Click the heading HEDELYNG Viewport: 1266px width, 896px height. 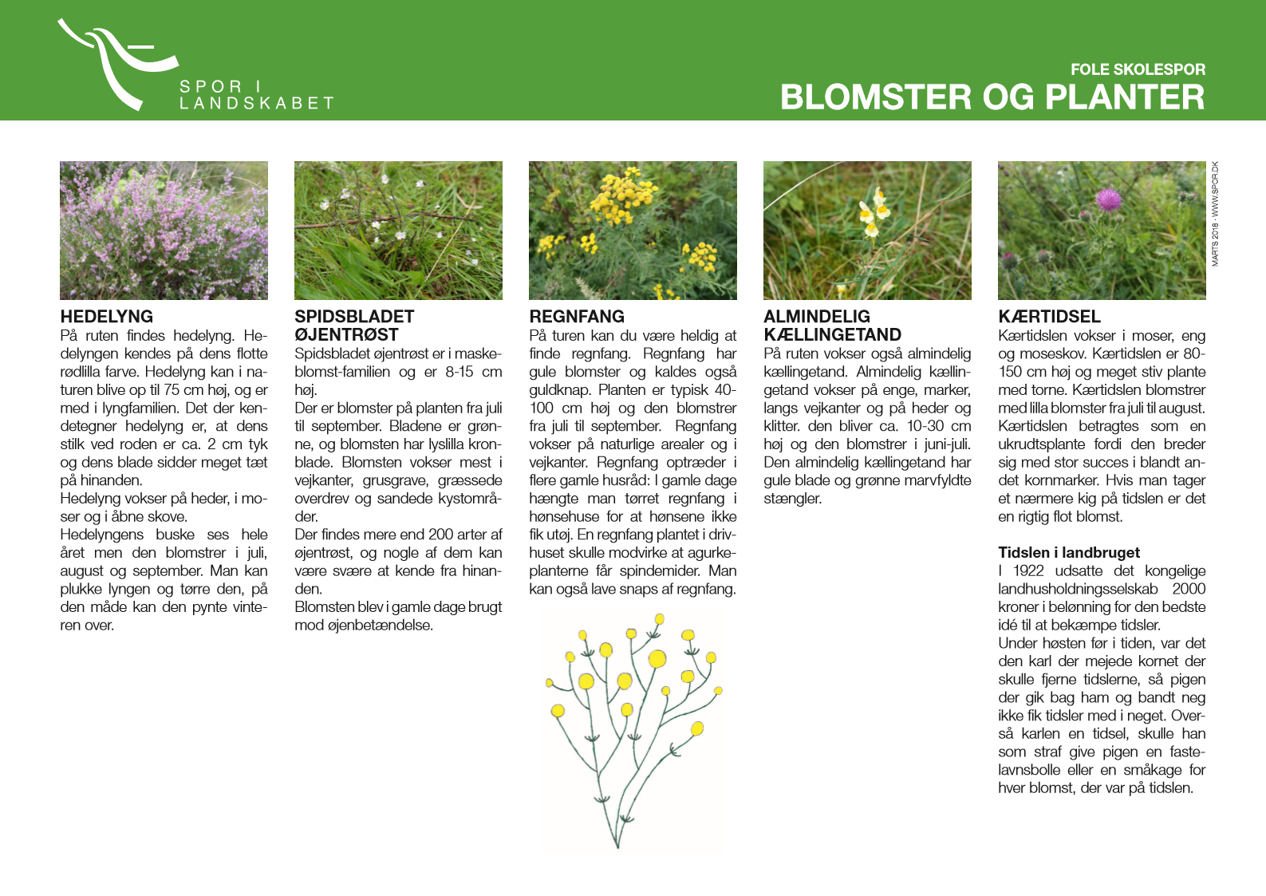(x=107, y=317)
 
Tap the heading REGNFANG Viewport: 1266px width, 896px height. (x=577, y=317)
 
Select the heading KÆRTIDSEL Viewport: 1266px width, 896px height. (x=1049, y=317)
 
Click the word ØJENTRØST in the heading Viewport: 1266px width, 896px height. (x=346, y=335)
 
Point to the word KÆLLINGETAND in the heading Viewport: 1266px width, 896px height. (x=832, y=335)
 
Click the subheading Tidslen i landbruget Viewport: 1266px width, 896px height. (x=1069, y=553)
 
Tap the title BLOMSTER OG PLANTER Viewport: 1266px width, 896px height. (x=992, y=97)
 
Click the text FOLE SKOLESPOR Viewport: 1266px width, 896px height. (x=1138, y=69)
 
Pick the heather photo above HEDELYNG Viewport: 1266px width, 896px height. (x=164, y=231)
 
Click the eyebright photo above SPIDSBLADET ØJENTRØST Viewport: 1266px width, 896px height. (x=398, y=231)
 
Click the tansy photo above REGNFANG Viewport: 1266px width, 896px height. (x=633, y=231)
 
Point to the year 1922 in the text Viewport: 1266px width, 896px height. (x=1028, y=571)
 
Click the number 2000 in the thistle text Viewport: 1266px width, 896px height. (x=1189, y=589)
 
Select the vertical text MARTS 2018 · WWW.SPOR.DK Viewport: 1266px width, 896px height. (x=1215, y=214)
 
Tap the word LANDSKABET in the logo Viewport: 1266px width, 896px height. (x=256, y=104)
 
